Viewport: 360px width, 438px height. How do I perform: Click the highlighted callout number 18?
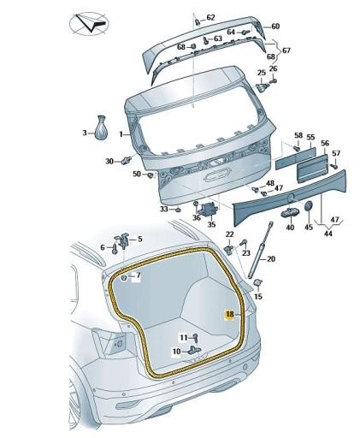(x=229, y=315)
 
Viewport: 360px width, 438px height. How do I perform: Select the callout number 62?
(x=211, y=17)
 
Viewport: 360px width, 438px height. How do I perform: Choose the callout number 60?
(x=275, y=27)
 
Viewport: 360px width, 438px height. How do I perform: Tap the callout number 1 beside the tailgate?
(x=121, y=134)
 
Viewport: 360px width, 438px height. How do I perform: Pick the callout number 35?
(x=211, y=225)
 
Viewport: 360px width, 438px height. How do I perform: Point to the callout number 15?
(x=259, y=296)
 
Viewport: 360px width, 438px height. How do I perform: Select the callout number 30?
(x=109, y=161)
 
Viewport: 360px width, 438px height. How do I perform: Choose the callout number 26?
(x=274, y=68)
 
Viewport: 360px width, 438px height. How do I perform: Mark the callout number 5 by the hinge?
(x=140, y=238)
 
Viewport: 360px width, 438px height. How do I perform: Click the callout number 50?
(x=137, y=174)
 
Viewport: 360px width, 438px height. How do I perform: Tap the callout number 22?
(x=229, y=234)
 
